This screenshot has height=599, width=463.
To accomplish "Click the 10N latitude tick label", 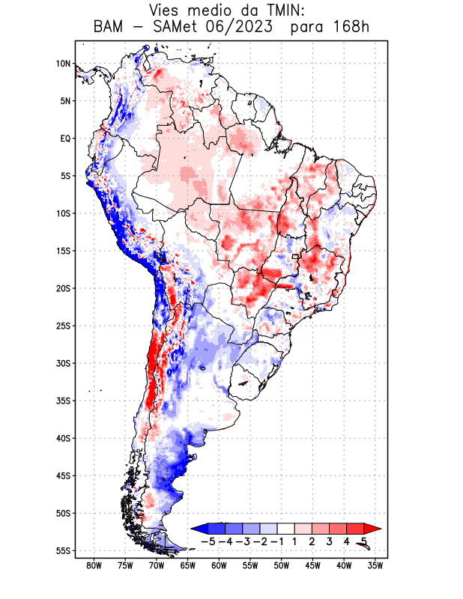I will (x=63, y=64).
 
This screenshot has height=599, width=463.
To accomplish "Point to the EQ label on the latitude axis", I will (x=64, y=139).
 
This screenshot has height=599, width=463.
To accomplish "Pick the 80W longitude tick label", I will (x=94, y=565).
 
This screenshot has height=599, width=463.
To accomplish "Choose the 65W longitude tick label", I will (x=188, y=565).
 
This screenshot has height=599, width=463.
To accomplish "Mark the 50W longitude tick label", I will (x=282, y=565).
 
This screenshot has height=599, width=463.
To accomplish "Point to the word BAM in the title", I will (x=110, y=28).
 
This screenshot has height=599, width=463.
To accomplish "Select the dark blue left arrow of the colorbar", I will (x=199, y=529).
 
